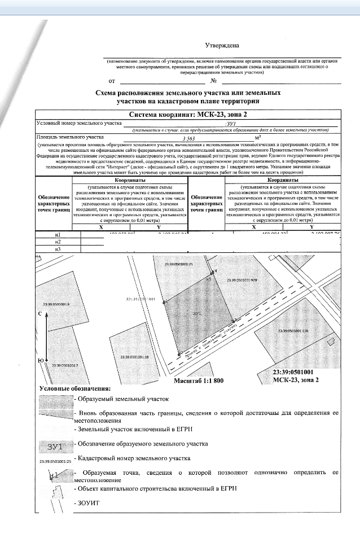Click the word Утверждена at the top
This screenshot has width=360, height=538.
[x=222, y=45]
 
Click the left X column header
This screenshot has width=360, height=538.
[x=100, y=226]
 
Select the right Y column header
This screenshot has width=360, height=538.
[x=311, y=226]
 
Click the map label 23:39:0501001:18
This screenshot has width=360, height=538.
[x=134, y=357]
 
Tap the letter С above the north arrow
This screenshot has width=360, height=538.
[x=40, y=313]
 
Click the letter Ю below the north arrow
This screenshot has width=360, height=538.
[x=40, y=360]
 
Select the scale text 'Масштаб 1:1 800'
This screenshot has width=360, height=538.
[x=198, y=380]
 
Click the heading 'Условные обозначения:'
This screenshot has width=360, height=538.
[x=74, y=388]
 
